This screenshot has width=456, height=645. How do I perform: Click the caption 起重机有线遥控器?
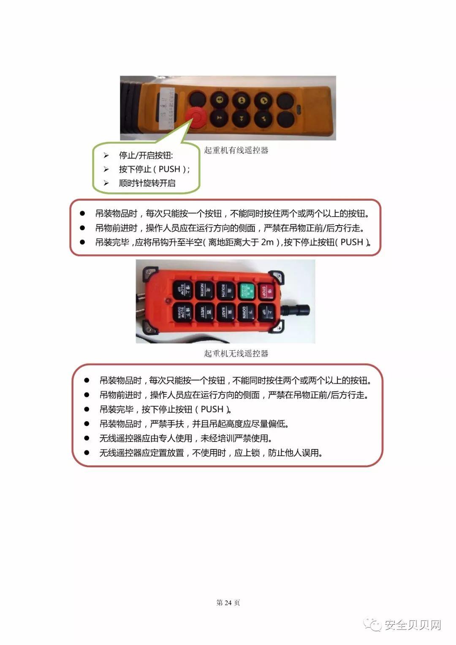[x=236, y=150]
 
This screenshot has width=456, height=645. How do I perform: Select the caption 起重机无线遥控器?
[x=236, y=354]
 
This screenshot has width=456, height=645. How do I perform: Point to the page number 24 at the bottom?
[x=228, y=603]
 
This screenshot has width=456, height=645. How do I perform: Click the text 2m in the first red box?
[x=267, y=242]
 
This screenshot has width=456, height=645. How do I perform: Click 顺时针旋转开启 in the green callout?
[x=147, y=183]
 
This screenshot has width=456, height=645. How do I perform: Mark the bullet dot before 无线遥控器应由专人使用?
[x=87, y=438]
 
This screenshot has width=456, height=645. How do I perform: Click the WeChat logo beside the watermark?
[x=373, y=624]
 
